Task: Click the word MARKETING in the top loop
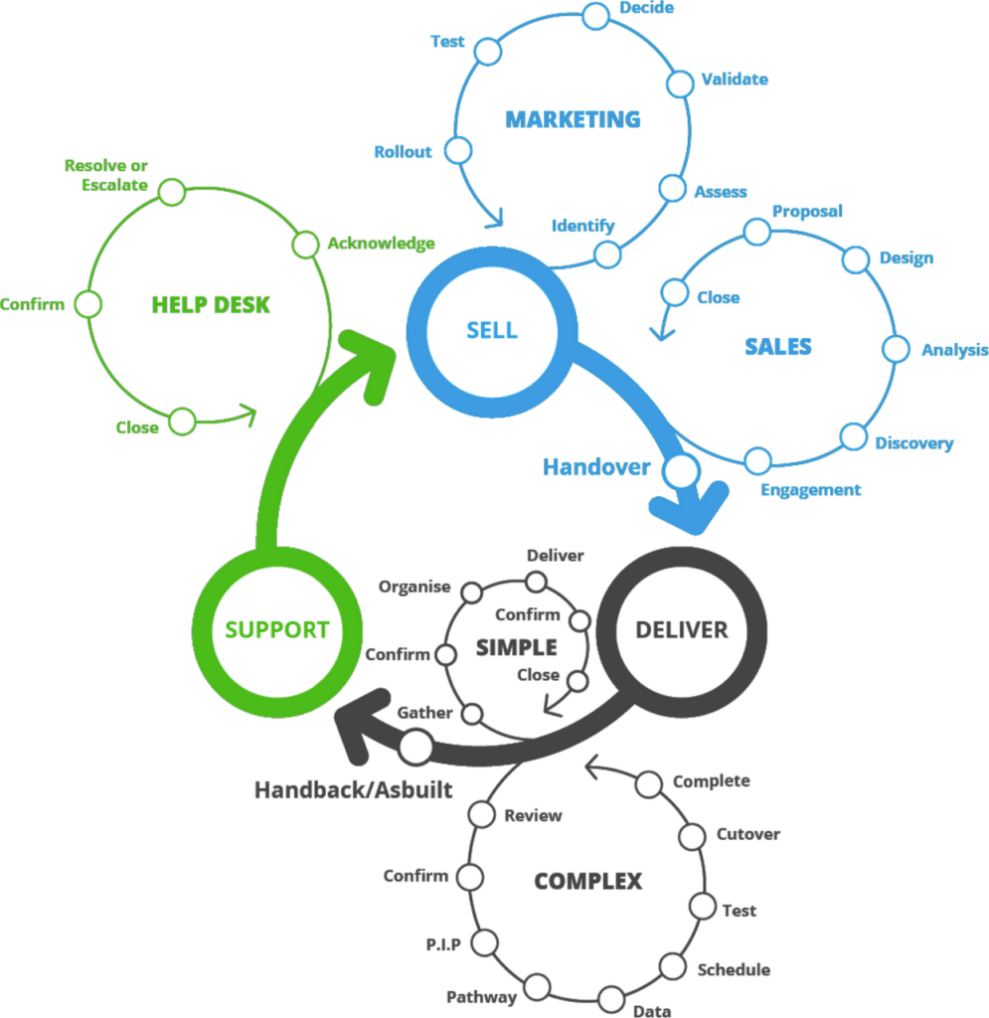[573, 120]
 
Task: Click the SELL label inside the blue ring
[491, 330]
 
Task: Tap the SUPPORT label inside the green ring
[276, 629]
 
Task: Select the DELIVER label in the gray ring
[682, 629]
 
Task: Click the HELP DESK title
[210, 304]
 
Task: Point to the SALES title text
[778, 346]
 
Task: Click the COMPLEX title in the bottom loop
[587, 881]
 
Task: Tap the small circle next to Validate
[679, 84]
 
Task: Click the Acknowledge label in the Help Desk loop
[381, 244]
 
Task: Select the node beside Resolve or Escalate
[173, 192]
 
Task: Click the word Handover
[596, 466]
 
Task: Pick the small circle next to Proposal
[757, 231]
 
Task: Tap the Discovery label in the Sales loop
[913, 443]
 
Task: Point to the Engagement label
[811, 490]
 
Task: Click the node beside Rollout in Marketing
[455, 151]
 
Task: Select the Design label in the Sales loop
[906, 258]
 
